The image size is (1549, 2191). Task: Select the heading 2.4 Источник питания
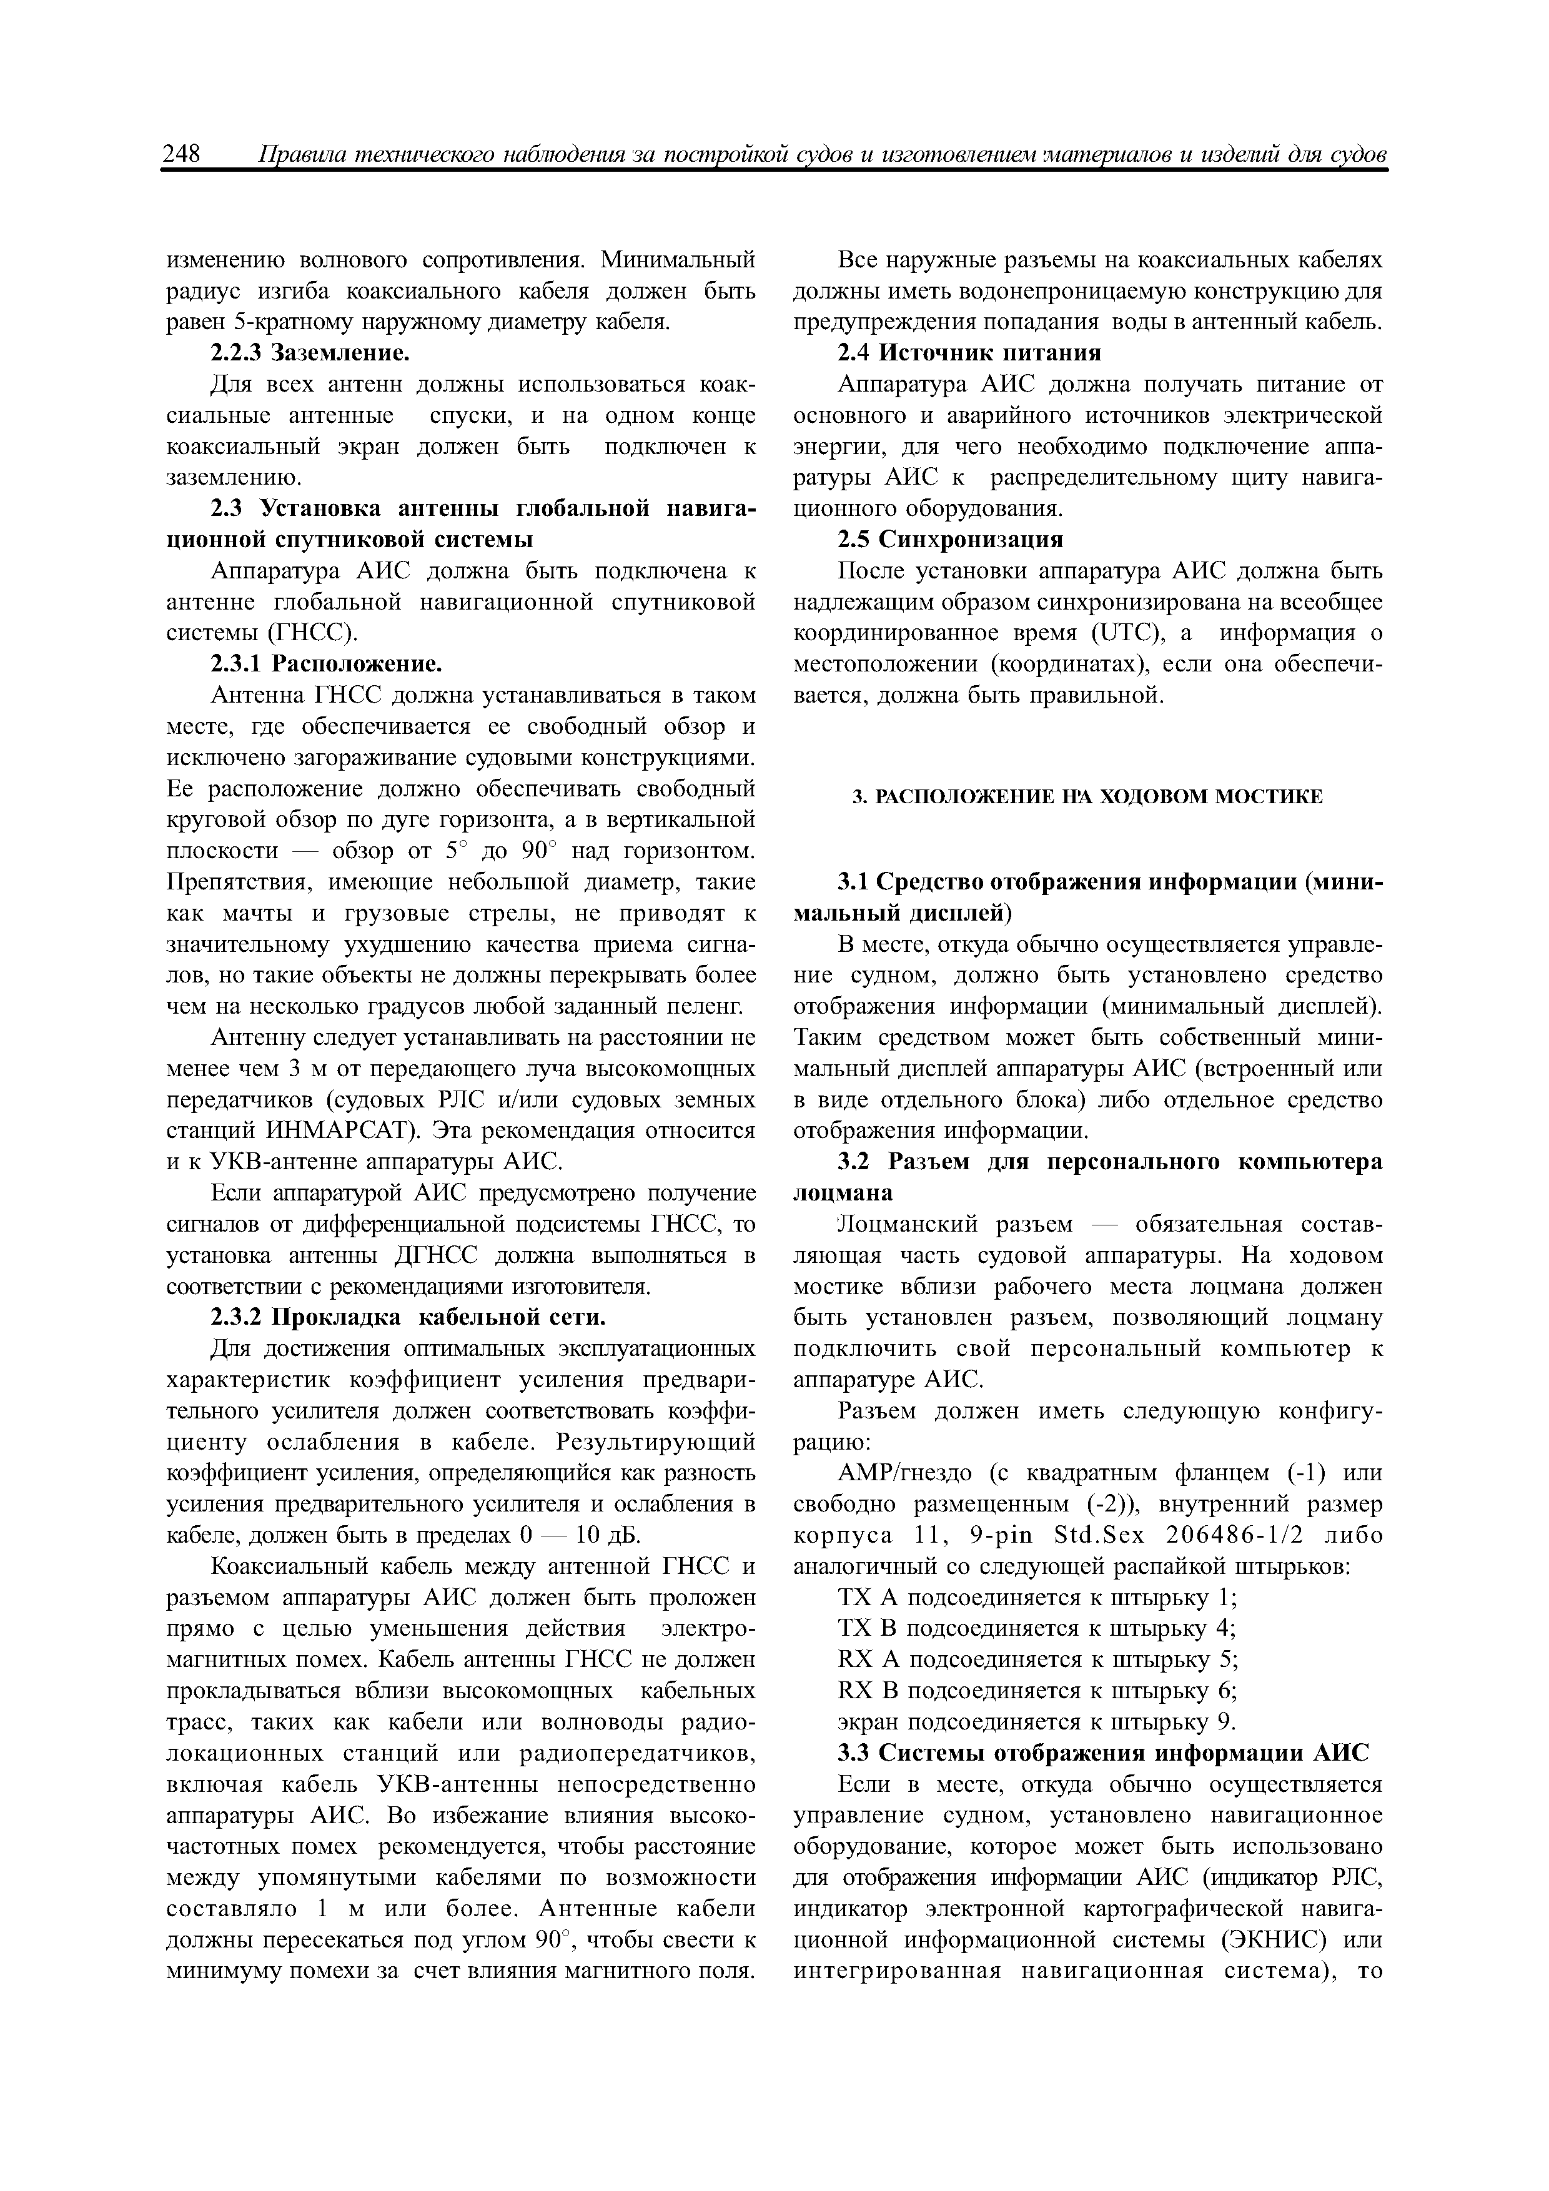[x=969, y=353]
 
